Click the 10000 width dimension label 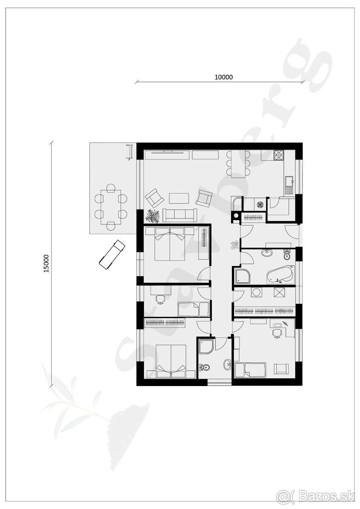coord(224,77)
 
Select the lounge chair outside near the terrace coord(111,254)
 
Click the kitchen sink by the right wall coord(290,183)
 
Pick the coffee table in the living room coord(180,198)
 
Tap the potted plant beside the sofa coord(152,215)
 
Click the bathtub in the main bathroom coord(280,275)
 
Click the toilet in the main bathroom coord(287,255)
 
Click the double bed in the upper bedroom coord(170,244)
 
